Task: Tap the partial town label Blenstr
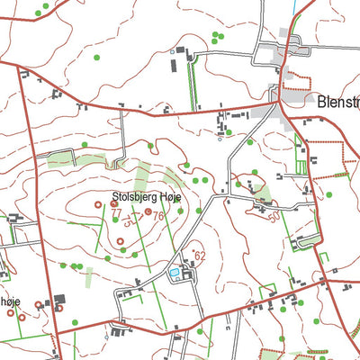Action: tap(337, 102)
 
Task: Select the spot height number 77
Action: tap(115, 213)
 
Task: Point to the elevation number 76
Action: tap(158, 216)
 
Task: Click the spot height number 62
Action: tap(201, 256)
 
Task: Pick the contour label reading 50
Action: tap(273, 218)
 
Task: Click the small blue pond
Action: tap(174, 271)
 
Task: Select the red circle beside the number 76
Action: tap(148, 212)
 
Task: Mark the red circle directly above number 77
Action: tap(114, 204)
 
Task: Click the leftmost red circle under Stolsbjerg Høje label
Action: tap(97, 204)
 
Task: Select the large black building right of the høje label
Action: tap(61, 299)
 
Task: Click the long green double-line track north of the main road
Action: tap(192, 85)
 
